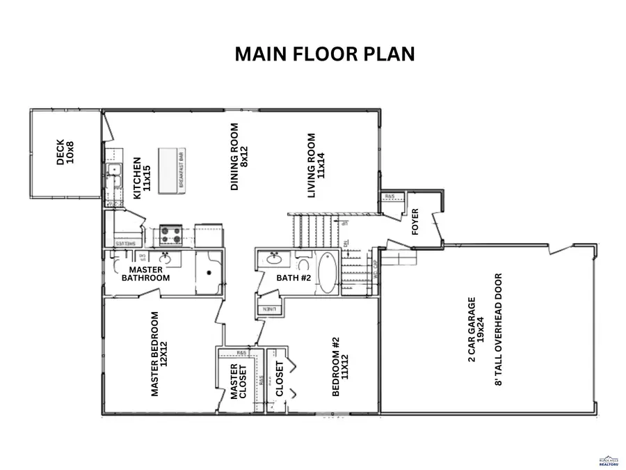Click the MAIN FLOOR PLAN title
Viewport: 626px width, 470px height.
click(x=324, y=54)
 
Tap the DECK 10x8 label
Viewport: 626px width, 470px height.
click(x=65, y=152)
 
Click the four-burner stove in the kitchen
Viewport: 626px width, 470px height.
click(x=171, y=235)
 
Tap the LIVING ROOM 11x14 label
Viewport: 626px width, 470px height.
click(x=316, y=166)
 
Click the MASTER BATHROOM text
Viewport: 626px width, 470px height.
click(x=145, y=274)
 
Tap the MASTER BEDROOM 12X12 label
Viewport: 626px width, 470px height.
click(x=159, y=354)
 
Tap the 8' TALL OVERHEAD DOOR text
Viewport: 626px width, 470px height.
click(x=497, y=329)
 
